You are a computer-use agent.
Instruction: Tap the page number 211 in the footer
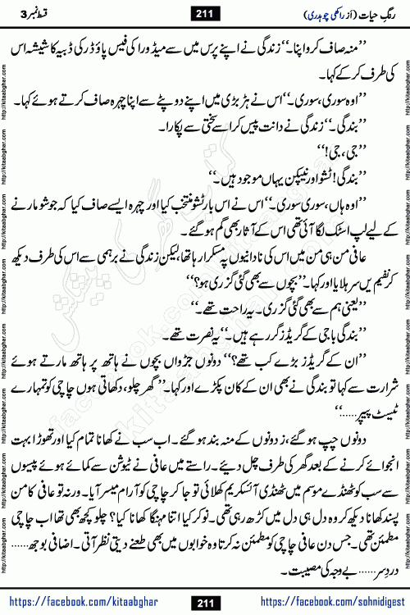204,603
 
